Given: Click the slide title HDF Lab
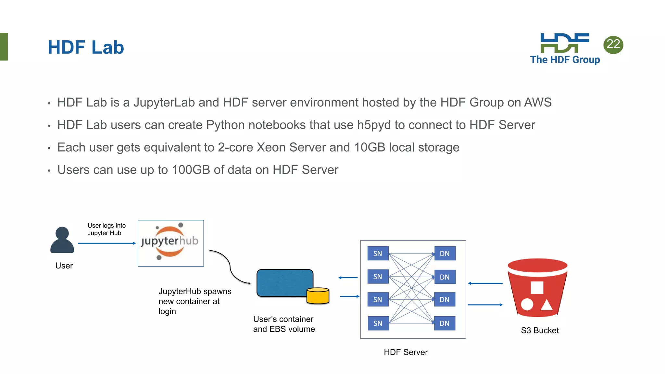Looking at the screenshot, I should [86, 47].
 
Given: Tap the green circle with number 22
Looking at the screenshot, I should [613, 44].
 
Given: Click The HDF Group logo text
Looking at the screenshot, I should [565, 60].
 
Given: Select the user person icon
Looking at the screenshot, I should [62, 240].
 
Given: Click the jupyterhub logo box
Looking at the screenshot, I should [171, 243].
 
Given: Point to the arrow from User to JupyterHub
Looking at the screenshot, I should [107, 243].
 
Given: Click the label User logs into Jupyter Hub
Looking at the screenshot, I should [106, 229].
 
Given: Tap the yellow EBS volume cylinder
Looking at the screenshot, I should [318, 296].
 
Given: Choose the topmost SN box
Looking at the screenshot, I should [378, 254].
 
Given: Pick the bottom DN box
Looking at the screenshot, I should [445, 323].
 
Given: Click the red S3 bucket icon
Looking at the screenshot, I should [537, 287].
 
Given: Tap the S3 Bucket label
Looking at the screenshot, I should [540, 330].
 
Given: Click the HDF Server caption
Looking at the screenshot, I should [406, 352].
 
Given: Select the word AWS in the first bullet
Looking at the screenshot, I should [538, 103].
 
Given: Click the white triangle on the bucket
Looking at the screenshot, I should [546, 305].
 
